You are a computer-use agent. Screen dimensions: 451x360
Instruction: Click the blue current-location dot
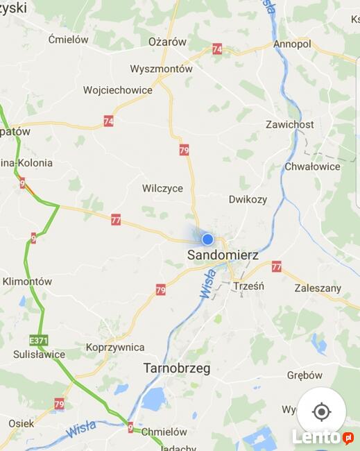point(207,239)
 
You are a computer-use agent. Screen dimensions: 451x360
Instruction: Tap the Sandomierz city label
point(223,255)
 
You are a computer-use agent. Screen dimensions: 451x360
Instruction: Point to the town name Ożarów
point(168,42)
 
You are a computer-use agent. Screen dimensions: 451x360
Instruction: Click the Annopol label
point(292,44)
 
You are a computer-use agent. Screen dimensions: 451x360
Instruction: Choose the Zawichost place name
point(290,125)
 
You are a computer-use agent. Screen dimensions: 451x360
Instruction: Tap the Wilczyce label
point(162,189)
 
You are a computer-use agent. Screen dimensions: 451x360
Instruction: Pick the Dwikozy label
point(248,199)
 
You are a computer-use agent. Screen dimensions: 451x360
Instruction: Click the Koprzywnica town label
point(115,347)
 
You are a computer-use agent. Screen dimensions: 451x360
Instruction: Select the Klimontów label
point(27,282)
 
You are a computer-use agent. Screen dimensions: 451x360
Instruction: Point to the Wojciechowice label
point(117,90)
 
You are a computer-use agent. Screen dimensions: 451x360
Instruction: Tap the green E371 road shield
point(39,341)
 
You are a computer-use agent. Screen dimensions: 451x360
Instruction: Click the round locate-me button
point(321,411)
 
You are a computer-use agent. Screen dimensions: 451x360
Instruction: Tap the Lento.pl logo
point(322,436)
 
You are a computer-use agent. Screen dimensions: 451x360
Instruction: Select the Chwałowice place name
point(312,167)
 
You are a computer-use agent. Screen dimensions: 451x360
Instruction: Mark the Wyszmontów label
point(162,69)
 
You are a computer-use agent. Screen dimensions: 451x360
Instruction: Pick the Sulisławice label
point(39,355)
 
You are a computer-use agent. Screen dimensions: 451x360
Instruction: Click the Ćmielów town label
point(69,40)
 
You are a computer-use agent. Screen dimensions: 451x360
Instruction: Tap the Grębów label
point(305,375)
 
